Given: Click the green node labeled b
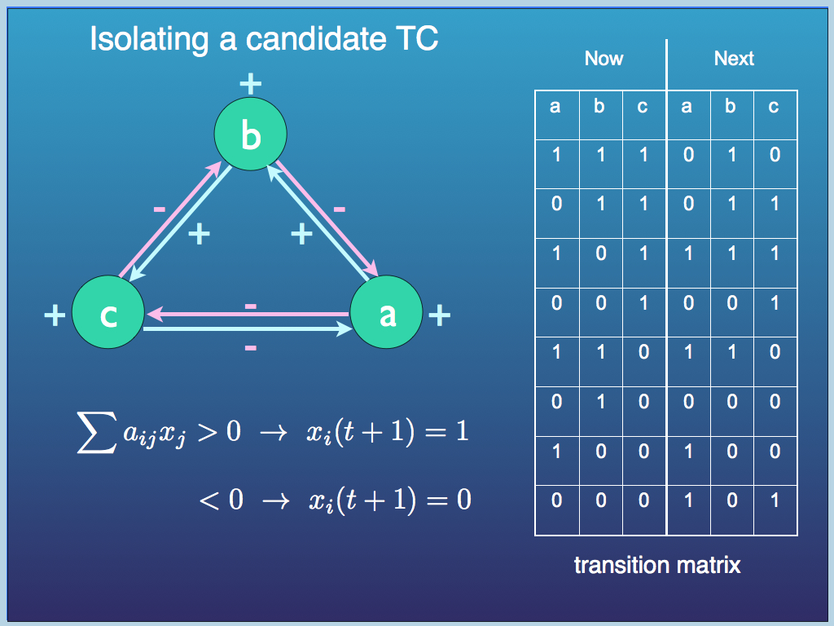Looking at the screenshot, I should click(250, 134).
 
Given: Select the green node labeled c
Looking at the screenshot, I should click(108, 314).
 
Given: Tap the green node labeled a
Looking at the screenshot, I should click(387, 314).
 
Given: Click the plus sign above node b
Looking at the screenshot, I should click(250, 82).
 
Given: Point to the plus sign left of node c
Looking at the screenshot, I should click(54, 315).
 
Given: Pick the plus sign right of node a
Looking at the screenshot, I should click(439, 315).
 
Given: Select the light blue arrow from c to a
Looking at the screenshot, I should click(244, 330).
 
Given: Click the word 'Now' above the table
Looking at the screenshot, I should click(604, 59).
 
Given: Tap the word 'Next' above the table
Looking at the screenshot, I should click(734, 59).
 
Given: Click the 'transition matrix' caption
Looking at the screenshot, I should click(657, 565).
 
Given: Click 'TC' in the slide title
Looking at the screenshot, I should click(415, 39).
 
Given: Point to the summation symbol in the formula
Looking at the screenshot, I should click(96, 434).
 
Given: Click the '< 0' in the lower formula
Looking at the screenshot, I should click(222, 499).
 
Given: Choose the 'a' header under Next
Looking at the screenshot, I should click(687, 107).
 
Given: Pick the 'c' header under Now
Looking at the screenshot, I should click(643, 107).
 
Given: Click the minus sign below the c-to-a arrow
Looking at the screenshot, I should click(251, 348).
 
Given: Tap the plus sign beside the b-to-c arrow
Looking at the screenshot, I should click(199, 235).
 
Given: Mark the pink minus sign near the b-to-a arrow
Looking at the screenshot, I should click(340, 210).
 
